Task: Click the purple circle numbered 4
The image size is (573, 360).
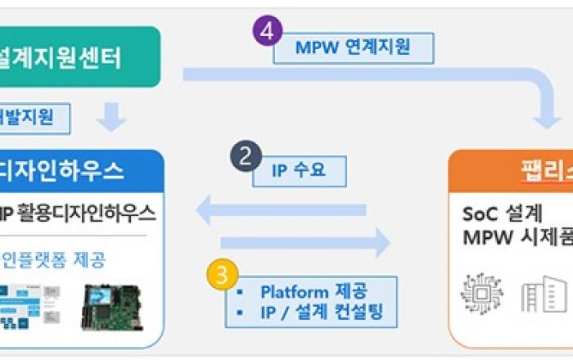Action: click(267, 34)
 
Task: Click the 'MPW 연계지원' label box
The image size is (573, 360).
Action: click(353, 48)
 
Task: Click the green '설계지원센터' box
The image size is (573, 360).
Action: click(79, 57)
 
